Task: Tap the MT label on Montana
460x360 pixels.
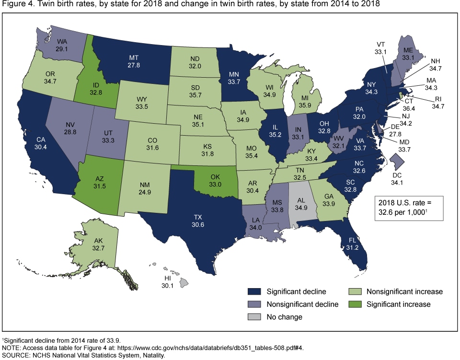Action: pos(120,58)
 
